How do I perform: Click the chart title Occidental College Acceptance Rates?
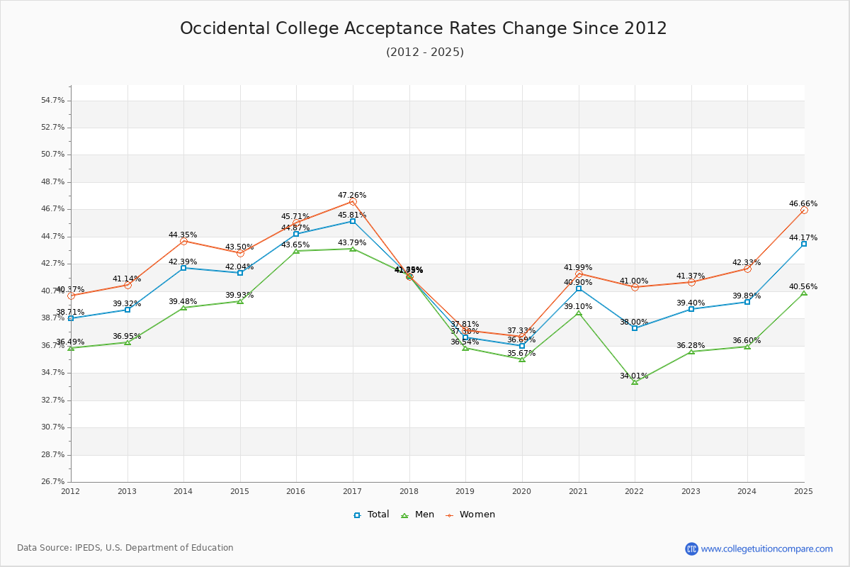(x=424, y=28)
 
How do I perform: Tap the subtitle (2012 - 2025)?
(x=424, y=52)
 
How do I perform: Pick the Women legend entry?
(x=470, y=515)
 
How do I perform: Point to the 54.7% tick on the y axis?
(x=53, y=101)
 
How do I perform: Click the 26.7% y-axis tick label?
(x=53, y=482)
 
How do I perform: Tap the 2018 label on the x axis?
(x=409, y=490)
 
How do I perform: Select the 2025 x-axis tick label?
(x=803, y=490)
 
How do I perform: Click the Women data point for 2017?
(x=353, y=202)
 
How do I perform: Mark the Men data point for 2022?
(x=635, y=382)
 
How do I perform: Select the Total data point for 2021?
(x=579, y=288)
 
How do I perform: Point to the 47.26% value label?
(x=352, y=195)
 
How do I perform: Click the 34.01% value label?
(x=634, y=376)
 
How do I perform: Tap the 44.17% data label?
(x=803, y=237)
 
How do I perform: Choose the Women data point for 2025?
(x=804, y=210)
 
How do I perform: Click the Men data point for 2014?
(x=183, y=308)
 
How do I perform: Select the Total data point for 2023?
(x=691, y=309)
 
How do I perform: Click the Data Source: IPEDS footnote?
(x=125, y=548)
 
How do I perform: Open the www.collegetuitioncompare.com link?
(x=766, y=549)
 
